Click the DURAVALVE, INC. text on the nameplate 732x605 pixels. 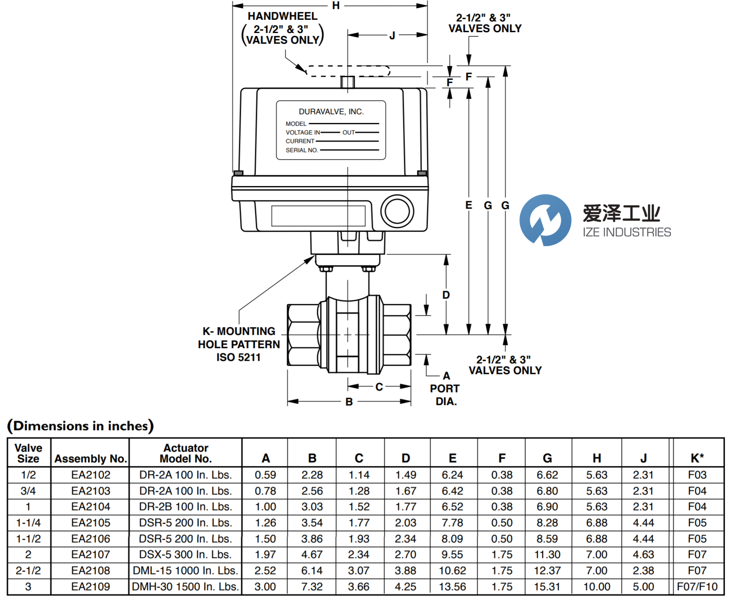331,112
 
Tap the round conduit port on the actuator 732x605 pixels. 397,211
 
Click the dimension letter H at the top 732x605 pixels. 336,6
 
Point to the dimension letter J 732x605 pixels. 392,36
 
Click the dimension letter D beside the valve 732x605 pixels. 446,295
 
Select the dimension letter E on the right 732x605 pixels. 468,205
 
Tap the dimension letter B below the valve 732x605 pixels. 349,402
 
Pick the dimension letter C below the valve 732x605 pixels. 379,387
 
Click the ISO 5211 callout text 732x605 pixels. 238,357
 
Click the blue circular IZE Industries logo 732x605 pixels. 545,220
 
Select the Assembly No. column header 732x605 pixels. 90,459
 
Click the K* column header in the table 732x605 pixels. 697,458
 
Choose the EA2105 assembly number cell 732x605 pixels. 91,523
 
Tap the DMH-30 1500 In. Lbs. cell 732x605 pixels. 185,586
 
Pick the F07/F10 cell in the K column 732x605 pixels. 697,586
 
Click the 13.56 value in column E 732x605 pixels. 452,586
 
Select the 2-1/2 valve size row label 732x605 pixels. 28,570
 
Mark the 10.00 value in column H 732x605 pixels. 596,586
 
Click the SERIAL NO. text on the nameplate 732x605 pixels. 302,150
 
